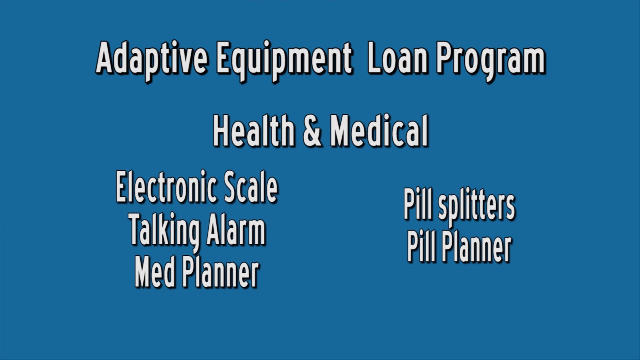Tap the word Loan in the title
[398, 59]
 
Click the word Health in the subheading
[254, 131]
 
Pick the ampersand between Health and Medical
[312, 131]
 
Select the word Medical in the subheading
[379, 131]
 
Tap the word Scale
[251, 188]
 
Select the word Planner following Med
[220, 272]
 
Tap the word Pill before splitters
[418, 205]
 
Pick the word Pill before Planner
[421, 247]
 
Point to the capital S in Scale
[231, 188]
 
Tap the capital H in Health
[221, 131]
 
